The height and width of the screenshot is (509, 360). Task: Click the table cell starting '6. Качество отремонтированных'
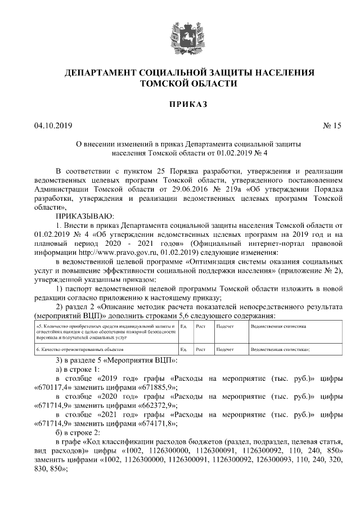point(105,349)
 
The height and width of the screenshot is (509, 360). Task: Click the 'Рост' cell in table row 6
point(200,349)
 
